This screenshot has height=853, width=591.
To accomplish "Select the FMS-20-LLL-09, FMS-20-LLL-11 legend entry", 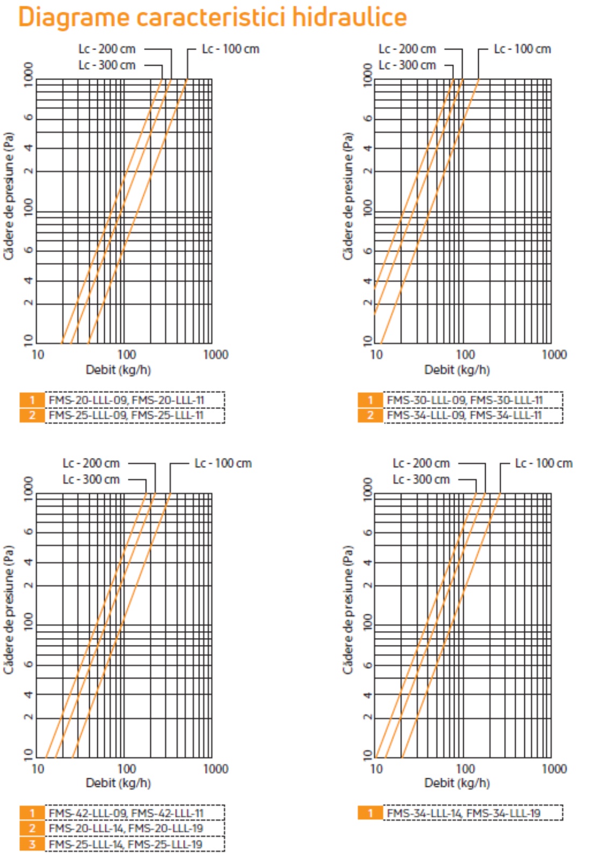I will (x=126, y=400).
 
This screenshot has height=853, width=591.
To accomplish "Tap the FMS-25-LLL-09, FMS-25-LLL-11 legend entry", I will (x=126, y=415).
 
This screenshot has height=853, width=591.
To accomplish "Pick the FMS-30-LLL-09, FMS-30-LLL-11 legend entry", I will (x=465, y=400).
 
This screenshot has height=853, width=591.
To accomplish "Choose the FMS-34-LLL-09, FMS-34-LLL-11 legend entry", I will (x=464, y=415).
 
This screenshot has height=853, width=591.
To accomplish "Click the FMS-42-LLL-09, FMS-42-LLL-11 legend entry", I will (x=126, y=813).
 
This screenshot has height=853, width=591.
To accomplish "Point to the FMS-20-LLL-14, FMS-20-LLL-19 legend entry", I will (x=126, y=828).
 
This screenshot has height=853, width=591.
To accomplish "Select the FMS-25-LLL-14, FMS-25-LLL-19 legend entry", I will (x=126, y=844).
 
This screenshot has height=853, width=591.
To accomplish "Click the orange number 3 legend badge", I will (x=32, y=844).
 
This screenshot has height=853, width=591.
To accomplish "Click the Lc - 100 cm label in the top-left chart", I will (x=230, y=49).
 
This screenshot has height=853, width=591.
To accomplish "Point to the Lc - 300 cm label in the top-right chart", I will (x=407, y=65).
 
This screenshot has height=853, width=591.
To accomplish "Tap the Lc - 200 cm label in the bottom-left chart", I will (x=91, y=463).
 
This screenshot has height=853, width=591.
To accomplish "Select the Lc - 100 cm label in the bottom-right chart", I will (x=544, y=463).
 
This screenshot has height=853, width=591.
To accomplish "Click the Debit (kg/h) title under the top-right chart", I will (x=457, y=370).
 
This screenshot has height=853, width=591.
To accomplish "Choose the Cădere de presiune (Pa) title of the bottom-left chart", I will (x=9, y=610).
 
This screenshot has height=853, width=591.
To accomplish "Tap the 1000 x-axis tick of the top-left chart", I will (x=215, y=355).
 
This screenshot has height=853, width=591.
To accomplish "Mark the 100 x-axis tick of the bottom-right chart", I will (x=465, y=769).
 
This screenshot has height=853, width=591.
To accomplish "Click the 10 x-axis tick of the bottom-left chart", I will (x=38, y=769).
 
